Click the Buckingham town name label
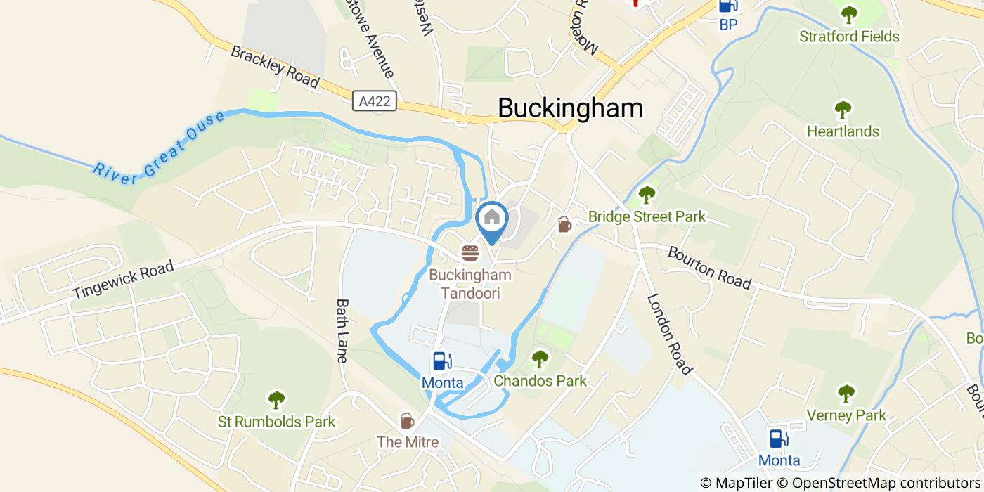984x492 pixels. click(570, 108)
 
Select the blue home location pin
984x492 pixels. click(492, 219)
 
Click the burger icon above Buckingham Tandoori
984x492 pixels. click(470, 252)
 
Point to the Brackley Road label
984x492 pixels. click(275, 67)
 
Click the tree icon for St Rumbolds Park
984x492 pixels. click(277, 400)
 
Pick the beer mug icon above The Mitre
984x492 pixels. click(407, 420)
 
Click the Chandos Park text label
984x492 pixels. click(540, 382)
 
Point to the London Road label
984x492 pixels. click(671, 333)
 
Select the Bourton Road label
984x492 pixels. click(709, 267)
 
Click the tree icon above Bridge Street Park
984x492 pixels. click(646, 195)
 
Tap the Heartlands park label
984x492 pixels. click(843, 131)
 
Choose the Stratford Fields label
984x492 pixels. click(849, 37)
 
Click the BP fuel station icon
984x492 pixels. click(728, 6)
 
